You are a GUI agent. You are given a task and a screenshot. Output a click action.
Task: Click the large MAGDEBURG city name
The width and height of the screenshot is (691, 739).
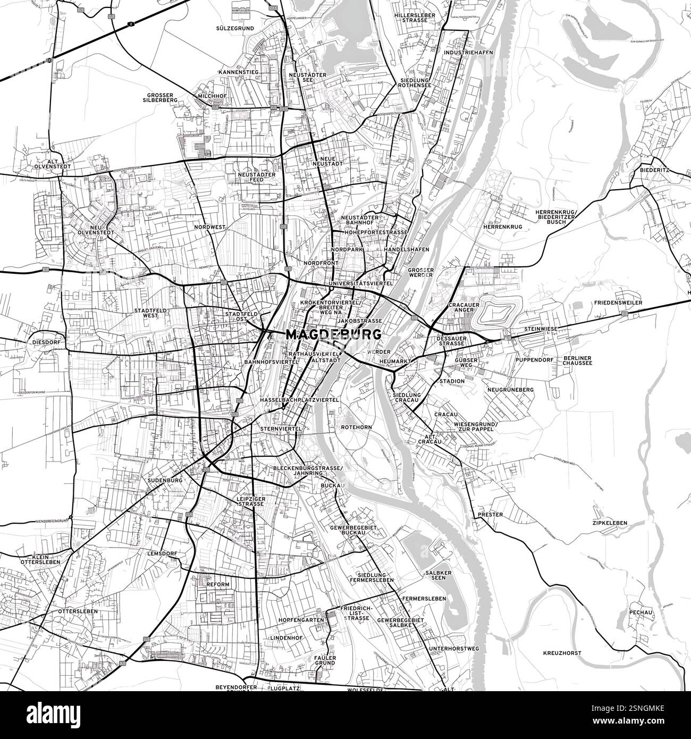pos(333,335)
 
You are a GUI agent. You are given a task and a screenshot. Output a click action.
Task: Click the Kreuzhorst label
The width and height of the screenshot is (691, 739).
pos(562,653)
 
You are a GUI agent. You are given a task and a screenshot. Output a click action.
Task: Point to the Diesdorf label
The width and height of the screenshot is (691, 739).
pos(45,342)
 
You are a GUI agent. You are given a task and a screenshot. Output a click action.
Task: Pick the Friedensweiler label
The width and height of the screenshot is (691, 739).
pos(620,303)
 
